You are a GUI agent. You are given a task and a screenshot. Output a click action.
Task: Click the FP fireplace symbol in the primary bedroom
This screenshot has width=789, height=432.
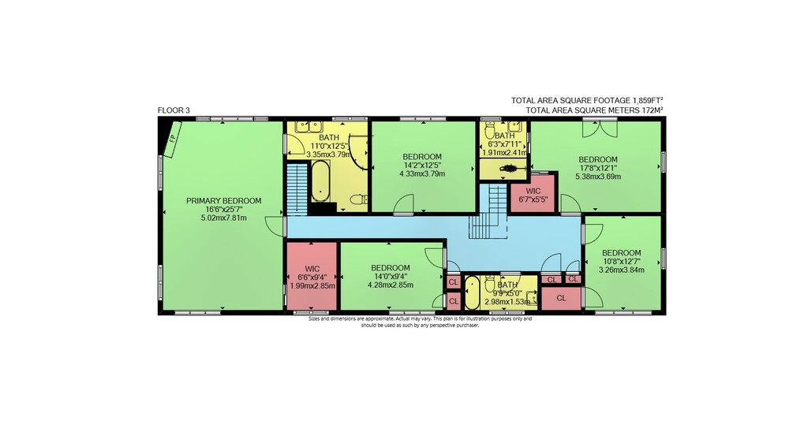172,139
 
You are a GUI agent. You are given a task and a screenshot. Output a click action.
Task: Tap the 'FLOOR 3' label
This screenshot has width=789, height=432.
174,110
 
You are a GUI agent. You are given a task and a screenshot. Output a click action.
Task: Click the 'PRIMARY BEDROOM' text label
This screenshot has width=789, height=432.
224,201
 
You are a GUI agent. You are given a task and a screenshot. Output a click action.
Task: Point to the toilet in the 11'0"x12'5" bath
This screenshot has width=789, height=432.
359,199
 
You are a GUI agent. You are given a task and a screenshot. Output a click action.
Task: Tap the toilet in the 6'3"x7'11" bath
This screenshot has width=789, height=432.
490,131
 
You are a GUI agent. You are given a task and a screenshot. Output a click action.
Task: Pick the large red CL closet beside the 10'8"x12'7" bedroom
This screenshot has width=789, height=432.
561,298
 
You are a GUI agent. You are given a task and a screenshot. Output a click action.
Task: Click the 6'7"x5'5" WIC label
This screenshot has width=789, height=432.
533,196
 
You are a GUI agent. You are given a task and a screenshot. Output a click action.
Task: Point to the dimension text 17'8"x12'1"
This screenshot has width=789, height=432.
598,168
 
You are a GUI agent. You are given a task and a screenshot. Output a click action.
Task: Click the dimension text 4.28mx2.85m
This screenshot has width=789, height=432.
391,285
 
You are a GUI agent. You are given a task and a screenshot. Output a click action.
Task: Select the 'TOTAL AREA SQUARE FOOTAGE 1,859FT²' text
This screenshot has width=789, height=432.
587,101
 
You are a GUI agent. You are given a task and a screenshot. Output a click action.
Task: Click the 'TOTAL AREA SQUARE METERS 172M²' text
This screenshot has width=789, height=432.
594,110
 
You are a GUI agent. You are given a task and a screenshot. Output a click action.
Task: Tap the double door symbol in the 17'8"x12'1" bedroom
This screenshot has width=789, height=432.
600,128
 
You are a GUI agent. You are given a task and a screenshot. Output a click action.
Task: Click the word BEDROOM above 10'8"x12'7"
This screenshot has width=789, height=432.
622,253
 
